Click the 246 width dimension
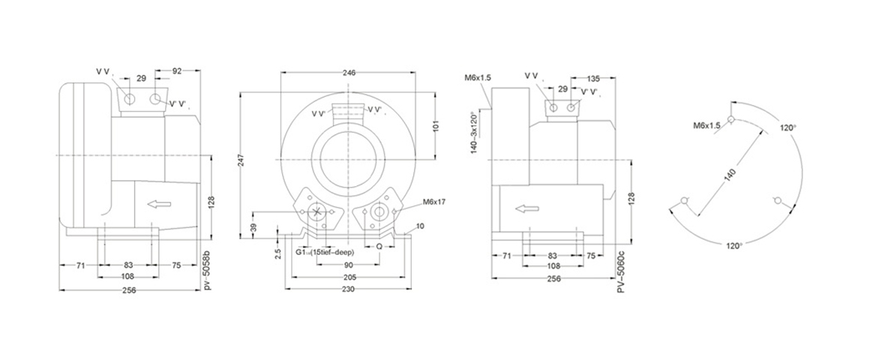coord(349,73)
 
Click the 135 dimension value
coord(593,77)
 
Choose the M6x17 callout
coord(434,202)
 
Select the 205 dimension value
coord(349,277)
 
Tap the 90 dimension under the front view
coord(349,265)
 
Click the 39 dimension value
coord(253,227)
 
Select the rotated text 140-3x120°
coord(475,134)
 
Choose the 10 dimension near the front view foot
coord(420,226)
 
